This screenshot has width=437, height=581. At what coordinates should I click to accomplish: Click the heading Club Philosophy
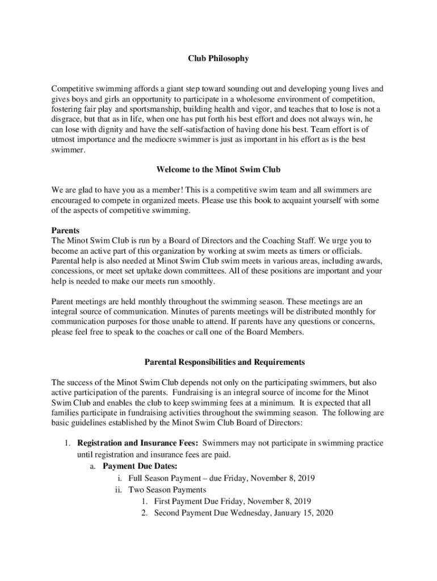click(218, 58)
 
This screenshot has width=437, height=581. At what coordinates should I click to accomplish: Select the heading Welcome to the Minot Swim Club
click(218, 170)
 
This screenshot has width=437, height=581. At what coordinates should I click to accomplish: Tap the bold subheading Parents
click(65, 231)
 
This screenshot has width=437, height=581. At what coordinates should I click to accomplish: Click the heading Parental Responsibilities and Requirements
click(217, 362)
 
